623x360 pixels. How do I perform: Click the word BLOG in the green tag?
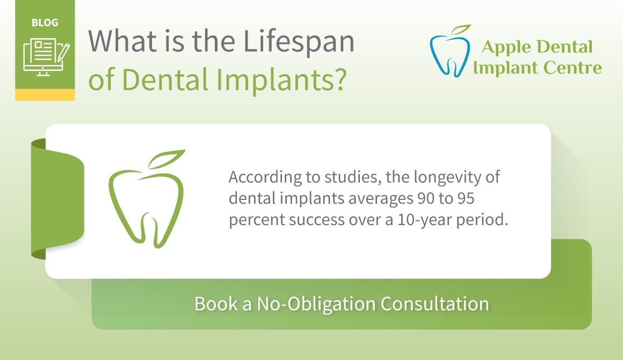pyautogui.click(x=45, y=23)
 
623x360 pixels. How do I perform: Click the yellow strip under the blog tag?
pyautogui.click(x=45, y=95)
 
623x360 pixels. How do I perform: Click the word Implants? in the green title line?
pyautogui.click(x=282, y=80)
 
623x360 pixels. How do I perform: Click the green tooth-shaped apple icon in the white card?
pyautogui.click(x=147, y=199)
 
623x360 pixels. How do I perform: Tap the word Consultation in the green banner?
pyautogui.click(x=434, y=304)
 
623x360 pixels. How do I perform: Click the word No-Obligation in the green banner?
pyautogui.click(x=316, y=304)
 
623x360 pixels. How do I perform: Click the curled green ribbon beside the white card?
pyautogui.click(x=57, y=199)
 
